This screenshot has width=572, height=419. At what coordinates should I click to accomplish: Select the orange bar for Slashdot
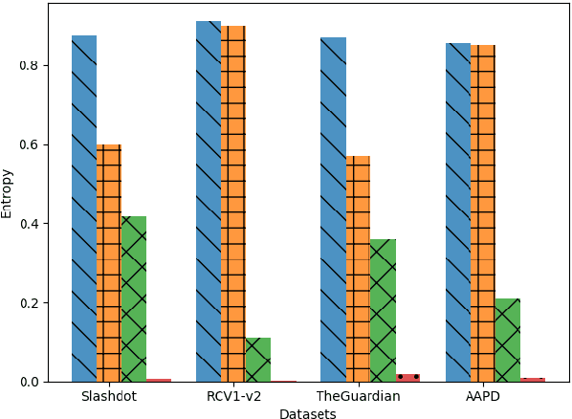[109, 263]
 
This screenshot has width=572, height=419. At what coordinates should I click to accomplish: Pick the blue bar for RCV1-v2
[209, 201]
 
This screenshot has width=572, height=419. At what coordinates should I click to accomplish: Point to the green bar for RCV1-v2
[258, 360]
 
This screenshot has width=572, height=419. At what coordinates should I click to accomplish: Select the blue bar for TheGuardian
[333, 209]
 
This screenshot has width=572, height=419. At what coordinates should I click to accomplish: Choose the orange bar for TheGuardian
[358, 269]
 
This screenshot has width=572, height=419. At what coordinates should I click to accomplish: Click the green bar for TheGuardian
[383, 310]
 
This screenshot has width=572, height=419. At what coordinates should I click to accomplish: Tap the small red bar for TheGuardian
[407, 378]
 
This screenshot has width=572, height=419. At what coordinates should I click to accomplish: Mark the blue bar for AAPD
[458, 212]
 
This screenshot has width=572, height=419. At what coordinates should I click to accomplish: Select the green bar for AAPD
[508, 340]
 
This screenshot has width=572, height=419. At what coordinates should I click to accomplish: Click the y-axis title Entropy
[8, 193]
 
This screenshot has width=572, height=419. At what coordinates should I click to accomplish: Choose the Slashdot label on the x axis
[109, 397]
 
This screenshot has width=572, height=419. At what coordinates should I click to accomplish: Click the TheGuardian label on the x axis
[358, 397]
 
